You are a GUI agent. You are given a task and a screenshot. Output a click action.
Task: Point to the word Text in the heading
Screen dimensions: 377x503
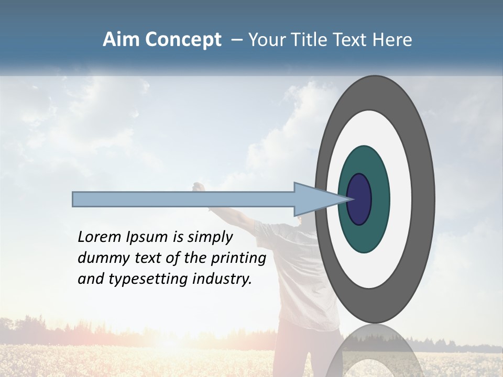pyautogui.click(x=353, y=40)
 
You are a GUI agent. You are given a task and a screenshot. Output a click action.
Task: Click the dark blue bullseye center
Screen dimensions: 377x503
pyautogui.click(x=359, y=199)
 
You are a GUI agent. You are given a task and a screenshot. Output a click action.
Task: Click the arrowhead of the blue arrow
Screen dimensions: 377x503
pyautogui.click(x=320, y=199)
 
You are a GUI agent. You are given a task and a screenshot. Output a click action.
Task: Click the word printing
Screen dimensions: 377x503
pyautogui.click(x=239, y=258)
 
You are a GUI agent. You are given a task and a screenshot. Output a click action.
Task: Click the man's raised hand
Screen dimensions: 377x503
pyautogui.click(x=198, y=187)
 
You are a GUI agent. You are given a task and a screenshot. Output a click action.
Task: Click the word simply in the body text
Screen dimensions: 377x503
pyautogui.click(x=210, y=237)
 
